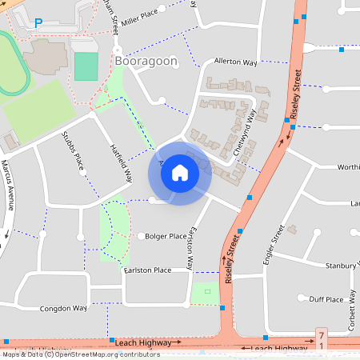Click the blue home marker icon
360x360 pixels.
tap(180, 173)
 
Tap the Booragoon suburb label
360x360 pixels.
tap(146, 62)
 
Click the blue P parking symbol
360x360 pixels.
tap(38, 24)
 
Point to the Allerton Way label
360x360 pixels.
tap(235, 62)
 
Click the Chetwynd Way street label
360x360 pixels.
tap(246, 130)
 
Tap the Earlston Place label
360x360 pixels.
tap(147, 270)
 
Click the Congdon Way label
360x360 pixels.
tap(63, 308)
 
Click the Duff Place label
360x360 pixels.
tap(326, 299)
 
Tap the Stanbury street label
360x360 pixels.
tap(342, 265)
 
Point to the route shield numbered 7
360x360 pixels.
tap(322, 334)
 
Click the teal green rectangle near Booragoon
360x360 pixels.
tap(86, 66)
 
